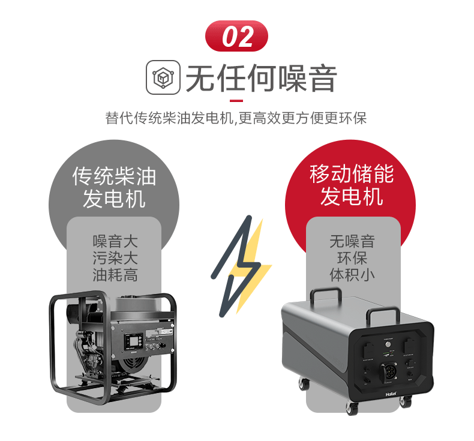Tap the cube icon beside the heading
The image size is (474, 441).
[163, 79]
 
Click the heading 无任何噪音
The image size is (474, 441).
[260, 79]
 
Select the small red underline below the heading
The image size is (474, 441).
[236, 100]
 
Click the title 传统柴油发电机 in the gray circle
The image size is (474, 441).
[114, 187]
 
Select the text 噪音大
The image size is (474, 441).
[115, 242]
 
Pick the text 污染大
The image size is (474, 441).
[115, 259]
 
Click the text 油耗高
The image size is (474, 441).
[115, 275]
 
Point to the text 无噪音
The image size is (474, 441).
[352, 242]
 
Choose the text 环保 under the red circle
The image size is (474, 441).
[352, 259]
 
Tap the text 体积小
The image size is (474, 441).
[352, 275]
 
